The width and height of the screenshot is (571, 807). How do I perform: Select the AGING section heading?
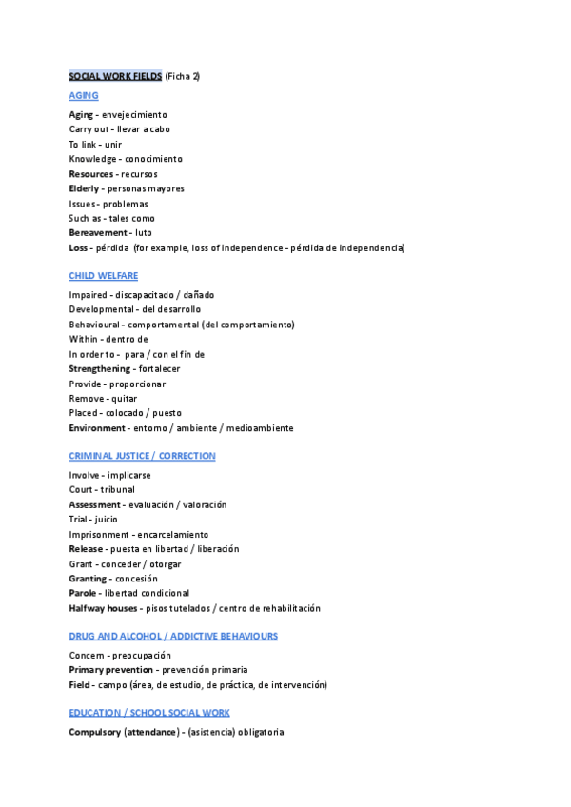pyautogui.click(x=84, y=96)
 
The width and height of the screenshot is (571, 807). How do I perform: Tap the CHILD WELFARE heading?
pyautogui.click(x=104, y=276)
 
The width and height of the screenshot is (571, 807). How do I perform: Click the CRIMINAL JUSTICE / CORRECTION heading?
pyautogui.click(x=142, y=456)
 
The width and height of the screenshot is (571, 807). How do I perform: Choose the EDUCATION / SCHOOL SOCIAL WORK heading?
pyautogui.click(x=149, y=712)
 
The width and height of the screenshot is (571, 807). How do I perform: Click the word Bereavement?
pyautogui.click(x=97, y=233)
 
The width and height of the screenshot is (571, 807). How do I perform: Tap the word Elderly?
pyautogui.click(x=84, y=188)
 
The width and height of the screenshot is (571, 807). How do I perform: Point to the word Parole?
pyautogui.click(x=82, y=593)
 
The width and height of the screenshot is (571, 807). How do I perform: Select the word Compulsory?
pyautogui.click(x=94, y=732)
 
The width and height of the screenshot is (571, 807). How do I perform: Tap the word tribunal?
pyautogui.click(x=118, y=490)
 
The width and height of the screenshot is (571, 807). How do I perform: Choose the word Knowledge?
pyautogui.click(x=92, y=159)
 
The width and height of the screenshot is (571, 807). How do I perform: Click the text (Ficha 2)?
pyautogui.click(x=183, y=76)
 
